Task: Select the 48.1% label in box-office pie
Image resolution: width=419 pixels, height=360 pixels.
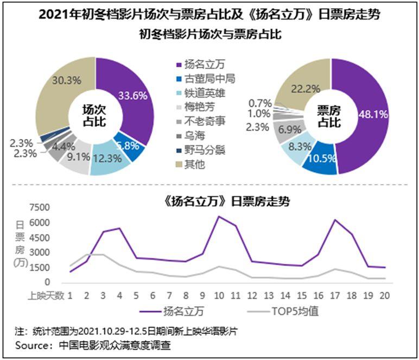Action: click(x=372, y=115)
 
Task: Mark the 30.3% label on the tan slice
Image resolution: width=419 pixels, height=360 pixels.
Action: click(x=67, y=80)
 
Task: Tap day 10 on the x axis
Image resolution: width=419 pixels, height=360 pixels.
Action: click(x=218, y=295)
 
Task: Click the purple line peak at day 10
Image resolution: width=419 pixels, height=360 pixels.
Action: click(x=218, y=217)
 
